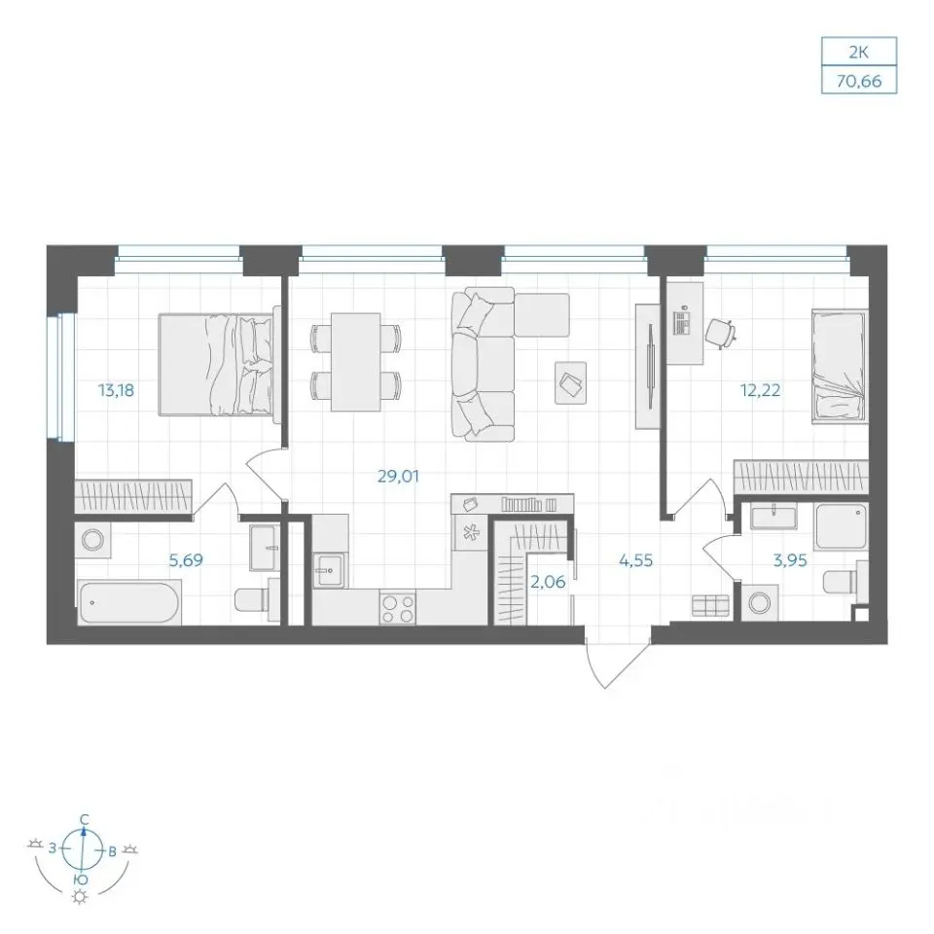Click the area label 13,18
point(116,391)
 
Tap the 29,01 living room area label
point(399,477)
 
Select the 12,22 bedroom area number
point(760,391)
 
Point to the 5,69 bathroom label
point(186,560)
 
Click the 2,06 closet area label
point(548,582)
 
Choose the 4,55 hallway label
point(636,560)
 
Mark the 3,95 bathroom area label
point(790,560)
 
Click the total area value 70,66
point(859,81)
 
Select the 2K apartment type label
point(859,53)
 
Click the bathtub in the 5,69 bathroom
point(128,603)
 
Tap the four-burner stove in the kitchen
point(398,609)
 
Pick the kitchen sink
point(329,571)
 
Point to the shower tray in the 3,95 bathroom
point(842,526)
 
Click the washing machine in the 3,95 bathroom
point(760,603)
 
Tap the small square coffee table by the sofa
point(570,382)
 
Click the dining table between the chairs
point(356,362)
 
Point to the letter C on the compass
point(85,818)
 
